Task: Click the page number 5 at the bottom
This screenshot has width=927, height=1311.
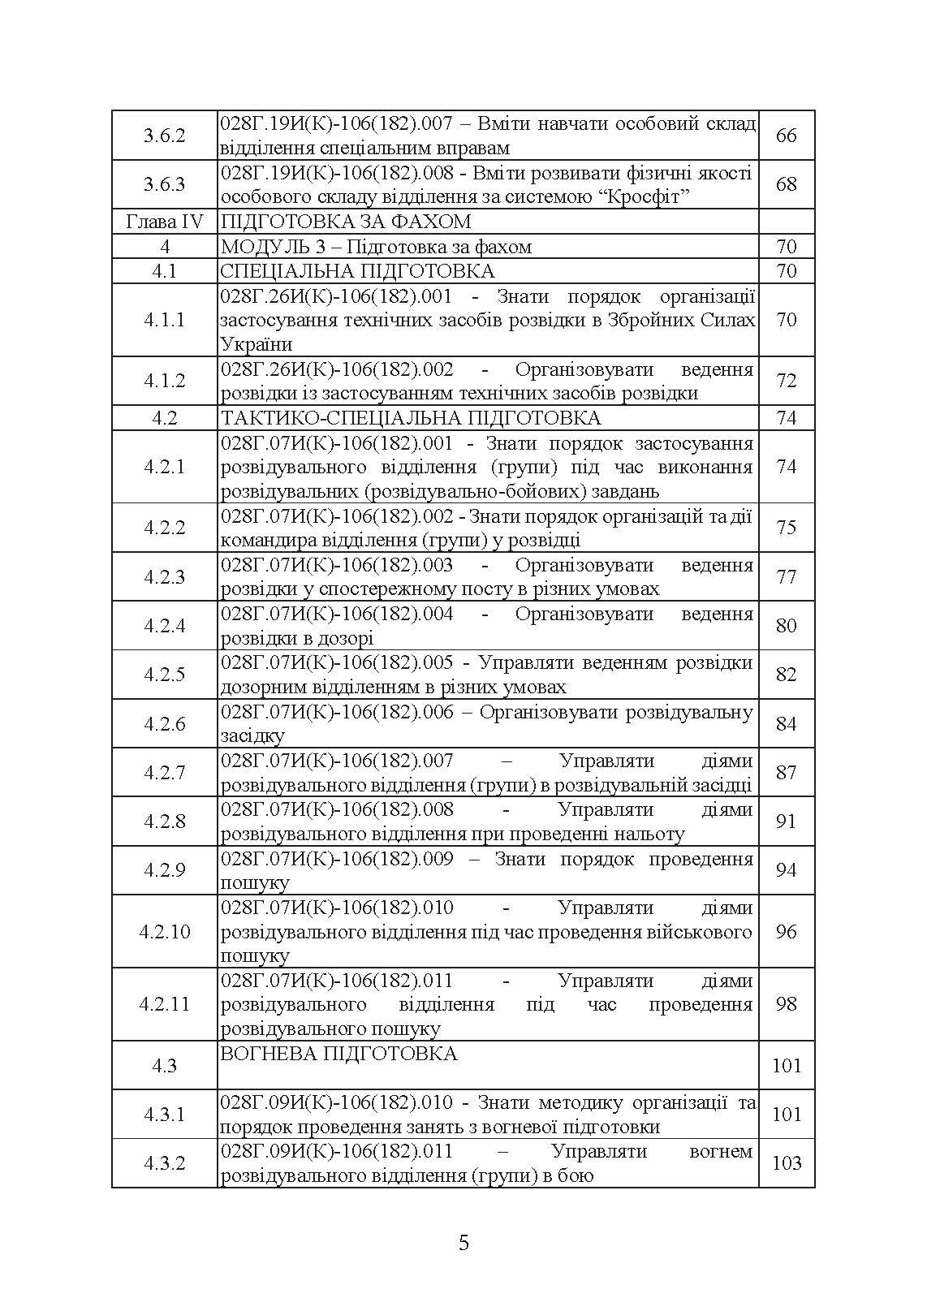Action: point(463,1243)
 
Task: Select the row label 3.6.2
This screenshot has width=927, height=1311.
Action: point(164,136)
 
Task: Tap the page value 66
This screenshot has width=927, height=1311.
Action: point(786,136)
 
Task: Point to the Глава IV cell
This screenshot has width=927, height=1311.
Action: point(164,222)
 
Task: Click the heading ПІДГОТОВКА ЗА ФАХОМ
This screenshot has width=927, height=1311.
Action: point(346,222)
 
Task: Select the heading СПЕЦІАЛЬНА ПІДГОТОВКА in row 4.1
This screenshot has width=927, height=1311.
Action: point(357,271)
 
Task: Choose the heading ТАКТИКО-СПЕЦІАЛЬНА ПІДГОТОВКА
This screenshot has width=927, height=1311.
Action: point(411,418)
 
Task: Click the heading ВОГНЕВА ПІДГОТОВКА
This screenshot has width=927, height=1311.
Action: point(338,1054)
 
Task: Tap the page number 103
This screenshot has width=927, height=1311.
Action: point(786,1163)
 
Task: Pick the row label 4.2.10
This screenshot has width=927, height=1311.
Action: point(164,931)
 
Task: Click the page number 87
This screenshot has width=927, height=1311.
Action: point(786,772)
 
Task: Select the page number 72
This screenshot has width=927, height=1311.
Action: point(786,381)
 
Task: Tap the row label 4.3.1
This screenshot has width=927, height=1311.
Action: point(164,1115)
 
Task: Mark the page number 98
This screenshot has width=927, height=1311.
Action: point(786,1004)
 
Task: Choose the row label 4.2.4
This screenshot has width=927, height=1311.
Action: point(164,626)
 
